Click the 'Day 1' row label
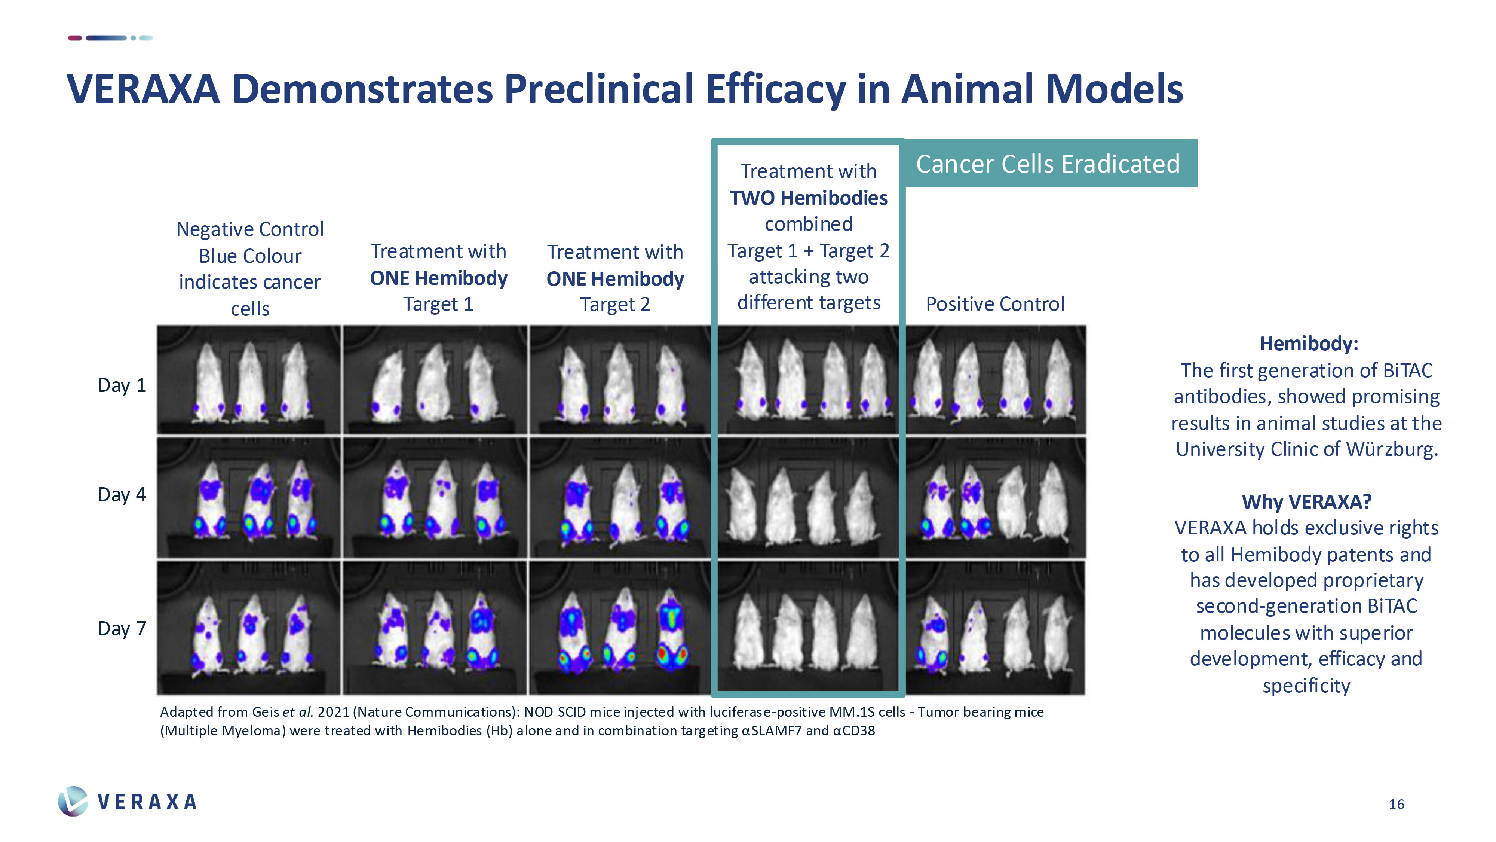tap(122, 385)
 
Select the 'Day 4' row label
tap(122, 494)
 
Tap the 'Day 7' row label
tap(122, 628)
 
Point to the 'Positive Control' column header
tap(995, 304)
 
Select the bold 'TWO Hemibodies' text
tap(808, 198)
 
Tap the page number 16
tap(1396, 804)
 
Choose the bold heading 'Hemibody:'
tap(1308, 344)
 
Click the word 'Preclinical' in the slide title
tap(598, 89)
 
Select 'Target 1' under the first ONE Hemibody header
tap(438, 304)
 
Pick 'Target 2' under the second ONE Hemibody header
tap(615, 305)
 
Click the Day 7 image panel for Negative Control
tap(249, 628)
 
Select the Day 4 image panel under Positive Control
tap(995, 498)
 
